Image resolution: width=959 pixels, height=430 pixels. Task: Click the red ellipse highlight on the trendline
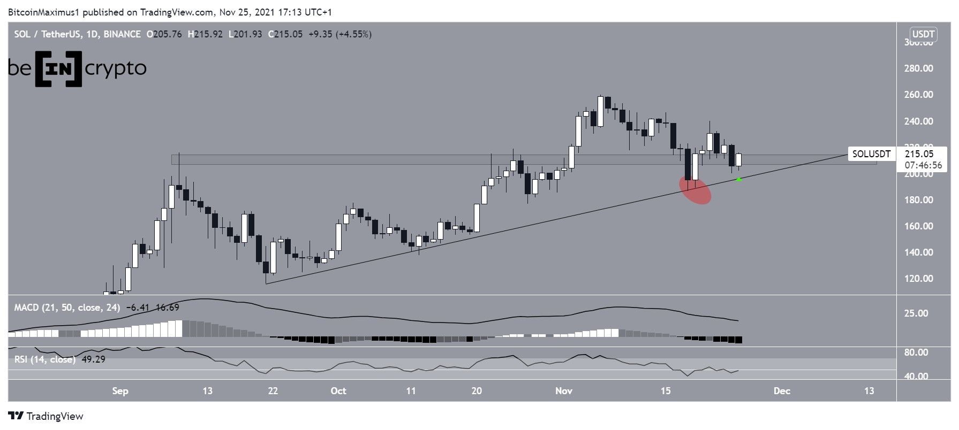coord(696,190)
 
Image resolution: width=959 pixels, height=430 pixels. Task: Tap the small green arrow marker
coord(739,179)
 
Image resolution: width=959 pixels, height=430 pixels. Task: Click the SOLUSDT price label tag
coord(871,155)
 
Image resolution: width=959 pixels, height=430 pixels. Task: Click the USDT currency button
coord(923,35)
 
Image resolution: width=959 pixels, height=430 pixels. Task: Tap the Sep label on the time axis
coord(120,391)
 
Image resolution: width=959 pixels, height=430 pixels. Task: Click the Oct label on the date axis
coord(338,391)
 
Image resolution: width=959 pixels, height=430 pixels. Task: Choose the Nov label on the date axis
coord(564,391)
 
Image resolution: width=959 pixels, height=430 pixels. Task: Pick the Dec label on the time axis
coord(782,391)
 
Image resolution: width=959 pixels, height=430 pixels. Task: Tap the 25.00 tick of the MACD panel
coord(916,313)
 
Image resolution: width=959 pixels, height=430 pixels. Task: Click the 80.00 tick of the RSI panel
coord(916,352)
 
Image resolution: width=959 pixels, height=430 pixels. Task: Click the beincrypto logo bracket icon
coord(58,68)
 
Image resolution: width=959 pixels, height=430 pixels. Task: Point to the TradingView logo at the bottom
coord(46,416)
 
